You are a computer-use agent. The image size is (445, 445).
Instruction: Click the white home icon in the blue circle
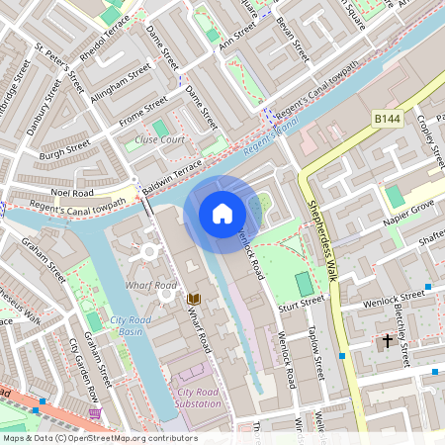click(x=222, y=213)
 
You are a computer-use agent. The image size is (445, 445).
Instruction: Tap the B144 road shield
click(x=389, y=118)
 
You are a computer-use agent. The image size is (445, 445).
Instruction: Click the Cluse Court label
click(x=160, y=140)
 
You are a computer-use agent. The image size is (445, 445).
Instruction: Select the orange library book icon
click(x=194, y=298)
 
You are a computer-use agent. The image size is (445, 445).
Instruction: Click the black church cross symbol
click(x=387, y=341)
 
